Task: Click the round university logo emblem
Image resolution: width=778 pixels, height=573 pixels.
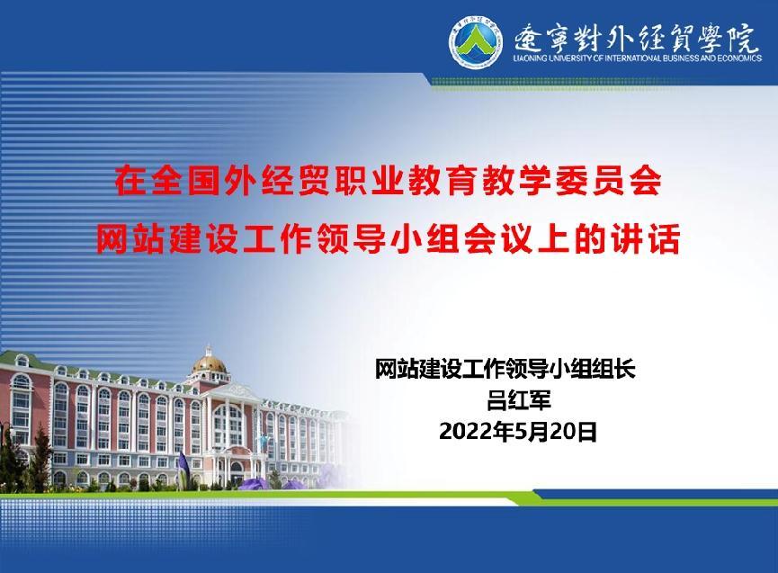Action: [475, 44]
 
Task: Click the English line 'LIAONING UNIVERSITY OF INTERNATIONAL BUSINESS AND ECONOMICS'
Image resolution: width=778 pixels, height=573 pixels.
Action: [638, 58]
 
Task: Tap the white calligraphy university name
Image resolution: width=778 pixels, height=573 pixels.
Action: [636, 37]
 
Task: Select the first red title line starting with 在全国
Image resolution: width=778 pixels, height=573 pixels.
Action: [389, 180]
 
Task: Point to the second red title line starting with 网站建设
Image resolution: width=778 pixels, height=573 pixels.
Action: [389, 239]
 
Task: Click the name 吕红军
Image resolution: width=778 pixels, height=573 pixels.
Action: [518, 400]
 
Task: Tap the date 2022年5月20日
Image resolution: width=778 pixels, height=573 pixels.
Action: [518, 431]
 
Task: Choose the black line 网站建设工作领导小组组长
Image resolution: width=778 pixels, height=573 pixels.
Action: [505, 369]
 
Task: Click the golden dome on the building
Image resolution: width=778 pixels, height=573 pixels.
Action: [210, 363]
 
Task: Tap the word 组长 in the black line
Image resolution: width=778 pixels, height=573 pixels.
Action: [614, 369]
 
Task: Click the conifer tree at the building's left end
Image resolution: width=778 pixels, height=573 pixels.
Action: [40, 456]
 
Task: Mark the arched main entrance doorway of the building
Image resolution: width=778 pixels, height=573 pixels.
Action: [237, 471]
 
